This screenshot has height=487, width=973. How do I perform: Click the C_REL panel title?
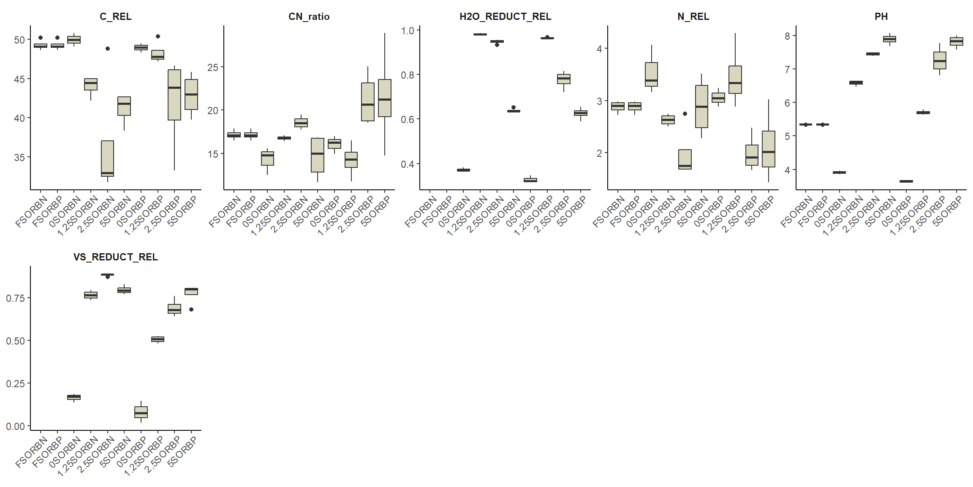115,16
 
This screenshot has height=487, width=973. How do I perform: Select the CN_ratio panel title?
309,16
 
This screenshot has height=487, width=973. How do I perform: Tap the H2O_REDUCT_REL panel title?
505,16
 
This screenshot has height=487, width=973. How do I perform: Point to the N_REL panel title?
693,16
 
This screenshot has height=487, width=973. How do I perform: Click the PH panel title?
881,16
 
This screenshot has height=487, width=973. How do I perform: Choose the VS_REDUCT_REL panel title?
115,257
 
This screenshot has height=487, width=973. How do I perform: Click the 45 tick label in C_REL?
19,79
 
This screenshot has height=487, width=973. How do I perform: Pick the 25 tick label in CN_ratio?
213,68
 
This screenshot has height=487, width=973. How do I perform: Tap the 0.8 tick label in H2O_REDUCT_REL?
408,75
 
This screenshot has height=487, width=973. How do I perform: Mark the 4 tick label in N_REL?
599,49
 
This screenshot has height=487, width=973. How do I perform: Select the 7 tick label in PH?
787,69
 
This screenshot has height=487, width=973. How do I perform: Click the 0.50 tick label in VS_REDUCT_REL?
15,341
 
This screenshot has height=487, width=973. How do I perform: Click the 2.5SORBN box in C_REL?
108,159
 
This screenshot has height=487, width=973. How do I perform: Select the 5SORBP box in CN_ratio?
385,98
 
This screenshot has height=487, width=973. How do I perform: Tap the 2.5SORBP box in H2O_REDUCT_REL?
564,79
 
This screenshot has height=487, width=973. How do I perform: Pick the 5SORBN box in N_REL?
701,107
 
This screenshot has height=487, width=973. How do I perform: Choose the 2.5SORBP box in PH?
940,60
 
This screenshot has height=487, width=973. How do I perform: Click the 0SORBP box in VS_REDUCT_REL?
141,412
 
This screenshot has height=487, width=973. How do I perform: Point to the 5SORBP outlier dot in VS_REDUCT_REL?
191,309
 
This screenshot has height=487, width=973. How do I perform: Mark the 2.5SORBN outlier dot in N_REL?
685,114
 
